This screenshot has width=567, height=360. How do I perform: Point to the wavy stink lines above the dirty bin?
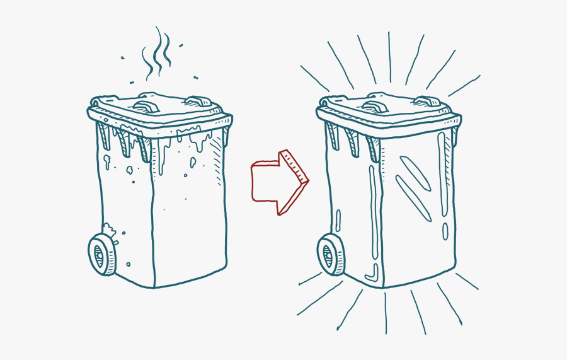tap(157, 54)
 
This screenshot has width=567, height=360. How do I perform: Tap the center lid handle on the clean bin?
tap(377, 100)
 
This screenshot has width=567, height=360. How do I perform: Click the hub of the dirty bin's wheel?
tap(100, 255)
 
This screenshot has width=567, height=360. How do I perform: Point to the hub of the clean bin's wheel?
tap(328, 255)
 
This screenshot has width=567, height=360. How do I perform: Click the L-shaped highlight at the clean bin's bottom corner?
tap(372, 273)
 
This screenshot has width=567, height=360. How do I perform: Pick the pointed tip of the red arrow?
tap(308, 181)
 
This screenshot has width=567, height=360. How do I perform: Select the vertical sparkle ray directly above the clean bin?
tap(389, 57)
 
